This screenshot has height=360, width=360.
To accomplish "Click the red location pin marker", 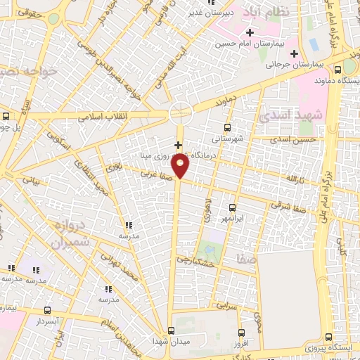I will [x=181, y=166].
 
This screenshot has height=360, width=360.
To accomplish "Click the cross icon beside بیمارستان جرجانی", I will [x=295, y=54].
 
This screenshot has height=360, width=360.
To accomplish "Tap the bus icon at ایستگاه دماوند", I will [x=338, y=70].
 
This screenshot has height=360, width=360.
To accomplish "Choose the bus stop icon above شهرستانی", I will [x=226, y=127].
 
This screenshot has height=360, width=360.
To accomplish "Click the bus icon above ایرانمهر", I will [x=233, y=207].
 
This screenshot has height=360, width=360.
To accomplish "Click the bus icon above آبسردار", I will [x=47, y=310].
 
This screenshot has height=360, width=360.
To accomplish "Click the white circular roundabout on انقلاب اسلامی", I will [x=181, y=112].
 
